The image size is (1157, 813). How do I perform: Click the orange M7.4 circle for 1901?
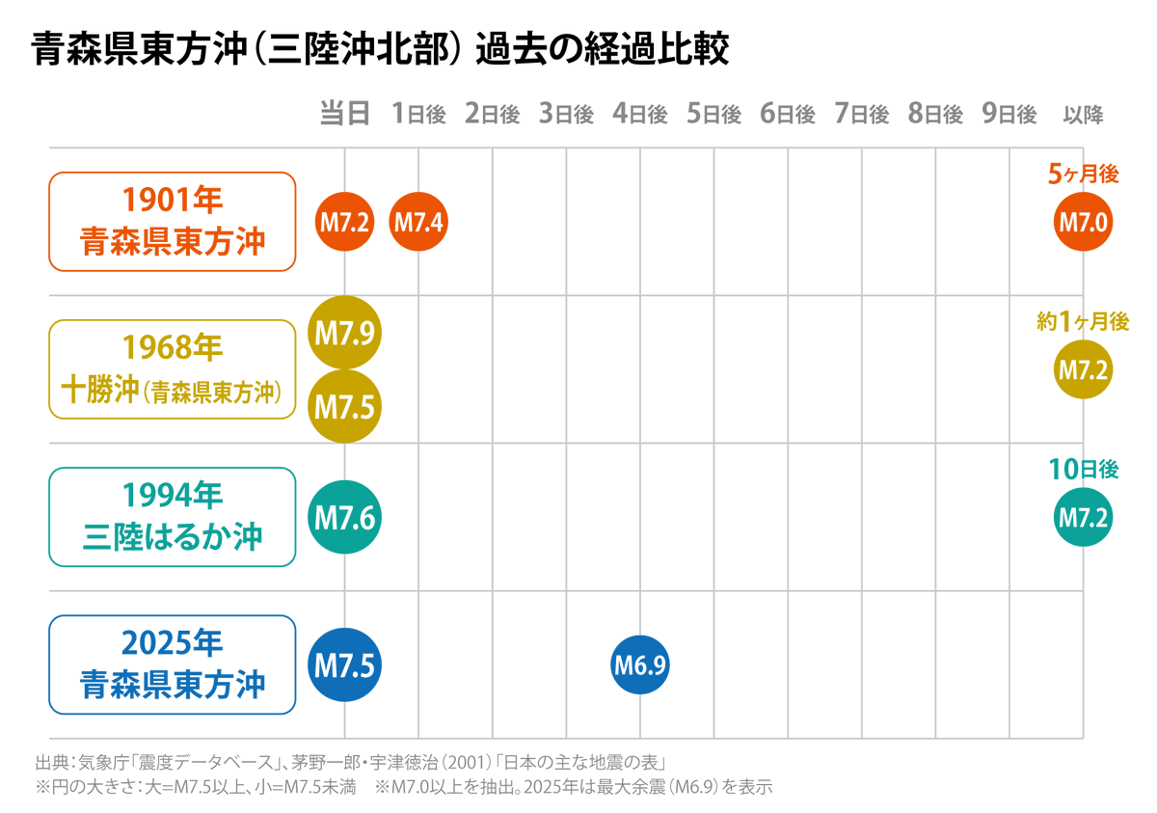click(x=418, y=223)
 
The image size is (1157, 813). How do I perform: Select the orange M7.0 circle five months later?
click(x=1083, y=223)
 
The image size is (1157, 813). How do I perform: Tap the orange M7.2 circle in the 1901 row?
click(x=344, y=223)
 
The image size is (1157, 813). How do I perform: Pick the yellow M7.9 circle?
click(x=344, y=333)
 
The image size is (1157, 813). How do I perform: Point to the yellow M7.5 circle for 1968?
click(x=344, y=406)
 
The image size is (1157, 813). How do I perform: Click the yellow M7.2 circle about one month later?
click(x=1083, y=369)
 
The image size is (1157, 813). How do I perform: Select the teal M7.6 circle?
click(x=344, y=517)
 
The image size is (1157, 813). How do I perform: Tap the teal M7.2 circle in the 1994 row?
click(x=1083, y=517)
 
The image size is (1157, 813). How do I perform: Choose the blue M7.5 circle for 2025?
click(x=344, y=664)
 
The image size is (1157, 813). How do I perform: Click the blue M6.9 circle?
click(x=640, y=664)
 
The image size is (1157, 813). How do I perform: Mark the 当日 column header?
click(x=344, y=114)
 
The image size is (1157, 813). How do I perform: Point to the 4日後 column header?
click(x=640, y=114)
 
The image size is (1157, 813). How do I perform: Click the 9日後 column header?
click(x=1009, y=114)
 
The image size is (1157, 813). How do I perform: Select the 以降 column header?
click(x=1083, y=114)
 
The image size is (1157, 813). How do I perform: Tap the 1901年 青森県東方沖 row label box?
click(x=173, y=222)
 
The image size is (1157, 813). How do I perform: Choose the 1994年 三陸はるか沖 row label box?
click(x=173, y=517)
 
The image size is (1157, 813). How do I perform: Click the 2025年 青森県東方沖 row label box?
click(x=173, y=664)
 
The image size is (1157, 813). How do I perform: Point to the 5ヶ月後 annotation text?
click(x=1083, y=175)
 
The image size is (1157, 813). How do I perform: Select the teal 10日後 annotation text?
click(x=1083, y=470)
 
